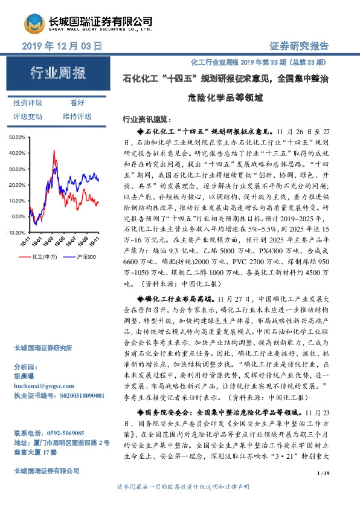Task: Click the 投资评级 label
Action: tap(28, 103)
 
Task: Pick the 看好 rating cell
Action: tap(77, 103)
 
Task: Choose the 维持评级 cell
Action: tap(77, 116)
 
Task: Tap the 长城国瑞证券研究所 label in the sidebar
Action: tap(43, 348)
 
